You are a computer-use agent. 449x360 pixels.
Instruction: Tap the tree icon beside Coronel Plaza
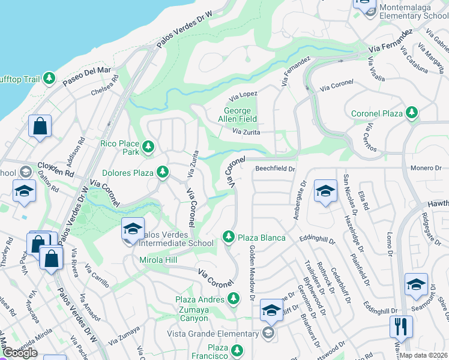(x=411, y=113)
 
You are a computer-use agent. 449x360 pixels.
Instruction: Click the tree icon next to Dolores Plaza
(x=162, y=173)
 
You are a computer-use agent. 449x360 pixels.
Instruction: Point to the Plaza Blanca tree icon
(x=228, y=237)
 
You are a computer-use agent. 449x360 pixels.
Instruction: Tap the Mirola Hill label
(x=158, y=260)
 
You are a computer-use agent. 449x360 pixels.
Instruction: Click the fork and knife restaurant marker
(x=400, y=327)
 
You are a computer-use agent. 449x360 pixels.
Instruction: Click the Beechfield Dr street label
(x=276, y=170)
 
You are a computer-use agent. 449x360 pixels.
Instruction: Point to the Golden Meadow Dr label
(x=252, y=273)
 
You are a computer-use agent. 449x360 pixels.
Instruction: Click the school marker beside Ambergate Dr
(x=325, y=192)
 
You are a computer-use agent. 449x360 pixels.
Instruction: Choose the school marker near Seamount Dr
(x=416, y=285)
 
